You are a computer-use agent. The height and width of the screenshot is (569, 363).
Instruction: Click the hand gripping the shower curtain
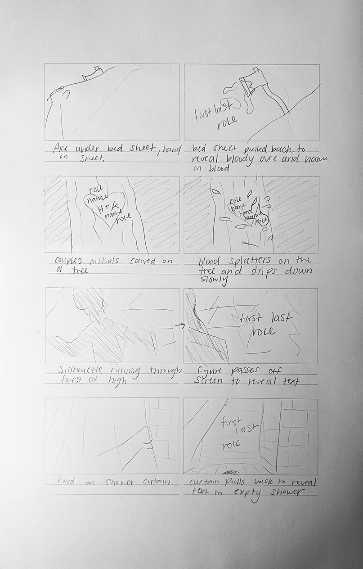pos(147,436)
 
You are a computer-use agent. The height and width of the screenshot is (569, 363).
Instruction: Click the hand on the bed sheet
pos(60,93)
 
